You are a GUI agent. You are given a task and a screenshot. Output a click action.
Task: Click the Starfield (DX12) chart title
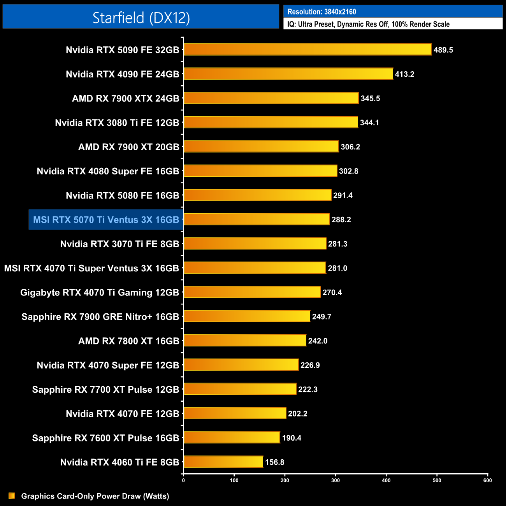point(141,18)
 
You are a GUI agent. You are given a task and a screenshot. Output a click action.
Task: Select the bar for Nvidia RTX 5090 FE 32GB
point(307,49)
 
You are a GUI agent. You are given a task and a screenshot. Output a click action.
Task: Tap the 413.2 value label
point(404,74)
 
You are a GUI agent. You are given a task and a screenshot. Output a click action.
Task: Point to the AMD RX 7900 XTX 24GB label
point(125,98)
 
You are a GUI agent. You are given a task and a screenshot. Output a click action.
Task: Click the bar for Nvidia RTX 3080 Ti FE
point(271,122)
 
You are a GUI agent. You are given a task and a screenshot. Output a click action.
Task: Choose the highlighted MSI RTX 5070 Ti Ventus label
point(106,220)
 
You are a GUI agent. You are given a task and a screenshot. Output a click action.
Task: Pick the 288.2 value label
point(341,220)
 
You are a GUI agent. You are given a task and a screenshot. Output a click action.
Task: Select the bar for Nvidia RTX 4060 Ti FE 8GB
point(223,462)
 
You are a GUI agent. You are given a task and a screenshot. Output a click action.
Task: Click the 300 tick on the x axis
point(336,480)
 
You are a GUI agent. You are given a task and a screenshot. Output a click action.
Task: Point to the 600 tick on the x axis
point(487,480)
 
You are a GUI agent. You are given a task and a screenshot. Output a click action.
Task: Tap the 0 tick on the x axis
point(183,480)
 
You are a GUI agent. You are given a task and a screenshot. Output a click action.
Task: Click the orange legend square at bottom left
point(12,496)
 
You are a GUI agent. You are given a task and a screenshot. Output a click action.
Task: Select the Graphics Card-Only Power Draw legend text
point(95,496)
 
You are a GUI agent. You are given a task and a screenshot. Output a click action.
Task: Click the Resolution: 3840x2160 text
point(322,12)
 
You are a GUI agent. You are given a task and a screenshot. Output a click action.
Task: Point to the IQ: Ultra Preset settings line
point(368,24)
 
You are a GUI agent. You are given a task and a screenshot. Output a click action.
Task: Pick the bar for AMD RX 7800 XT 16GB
point(245,341)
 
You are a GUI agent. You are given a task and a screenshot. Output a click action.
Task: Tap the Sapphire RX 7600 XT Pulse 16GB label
point(105,438)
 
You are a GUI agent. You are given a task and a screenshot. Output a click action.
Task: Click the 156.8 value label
point(274,462)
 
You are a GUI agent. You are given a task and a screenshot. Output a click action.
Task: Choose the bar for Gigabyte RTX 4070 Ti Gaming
point(252,292)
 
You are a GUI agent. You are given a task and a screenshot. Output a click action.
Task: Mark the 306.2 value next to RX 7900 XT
point(350,147)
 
